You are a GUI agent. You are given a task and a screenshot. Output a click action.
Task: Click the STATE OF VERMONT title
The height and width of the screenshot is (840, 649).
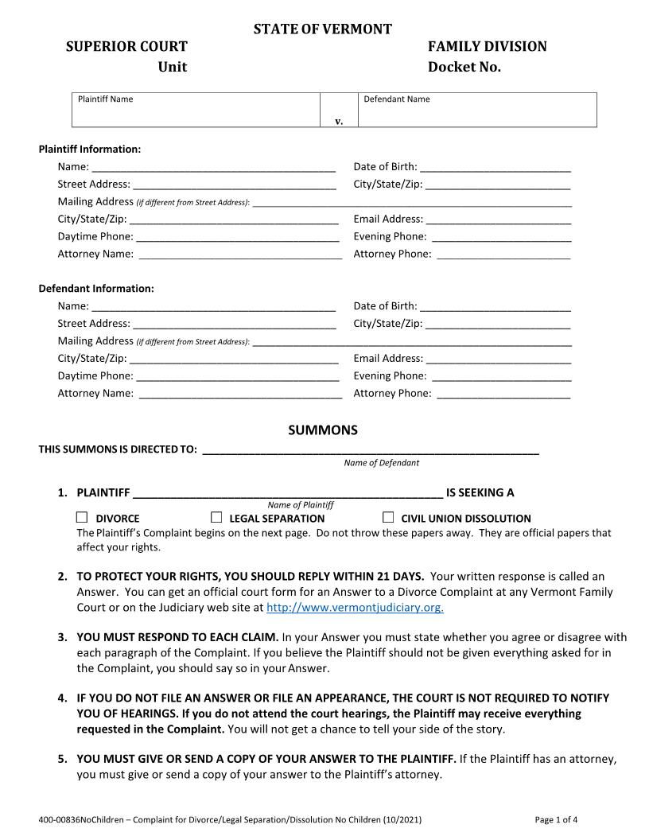click(322, 29)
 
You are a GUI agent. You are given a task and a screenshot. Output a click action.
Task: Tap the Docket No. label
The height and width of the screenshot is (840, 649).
click(464, 67)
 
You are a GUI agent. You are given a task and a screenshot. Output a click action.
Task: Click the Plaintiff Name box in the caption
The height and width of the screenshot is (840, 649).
click(196, 111)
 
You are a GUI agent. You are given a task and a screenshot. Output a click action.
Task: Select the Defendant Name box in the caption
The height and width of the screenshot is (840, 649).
click(477, 111)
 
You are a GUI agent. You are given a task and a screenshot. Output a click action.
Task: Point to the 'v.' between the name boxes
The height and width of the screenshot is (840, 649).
click(339, 121)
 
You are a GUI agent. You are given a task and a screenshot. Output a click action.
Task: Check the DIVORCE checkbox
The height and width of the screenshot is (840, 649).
click(82, 517)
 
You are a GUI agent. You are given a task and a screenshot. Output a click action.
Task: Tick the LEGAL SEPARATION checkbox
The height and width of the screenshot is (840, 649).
click(216, 517)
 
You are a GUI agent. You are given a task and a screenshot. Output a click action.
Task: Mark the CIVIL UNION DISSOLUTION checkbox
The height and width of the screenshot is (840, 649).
click(388, 517)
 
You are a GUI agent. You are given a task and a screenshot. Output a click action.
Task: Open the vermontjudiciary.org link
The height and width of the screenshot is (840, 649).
click(355, 607)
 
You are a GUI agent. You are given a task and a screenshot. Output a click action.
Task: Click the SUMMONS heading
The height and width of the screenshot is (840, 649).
click(322, 430)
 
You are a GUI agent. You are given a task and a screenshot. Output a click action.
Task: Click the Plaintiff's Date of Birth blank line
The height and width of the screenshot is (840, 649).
click(495, 168)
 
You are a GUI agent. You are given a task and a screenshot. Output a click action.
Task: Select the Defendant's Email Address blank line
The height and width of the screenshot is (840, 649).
click(498, 360)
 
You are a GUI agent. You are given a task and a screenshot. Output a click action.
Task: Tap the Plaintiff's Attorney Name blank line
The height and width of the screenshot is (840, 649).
click(240, 255)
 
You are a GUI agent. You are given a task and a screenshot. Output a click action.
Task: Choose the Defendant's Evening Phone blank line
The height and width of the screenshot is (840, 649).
click(501, 377)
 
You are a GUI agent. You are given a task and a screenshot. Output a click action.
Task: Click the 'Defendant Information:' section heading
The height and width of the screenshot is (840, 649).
click(96, 289)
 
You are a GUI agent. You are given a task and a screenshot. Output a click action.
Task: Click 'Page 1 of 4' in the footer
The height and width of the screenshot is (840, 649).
click(556, 819)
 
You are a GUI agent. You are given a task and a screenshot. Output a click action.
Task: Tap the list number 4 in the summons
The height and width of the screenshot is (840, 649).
click(62, 698)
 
